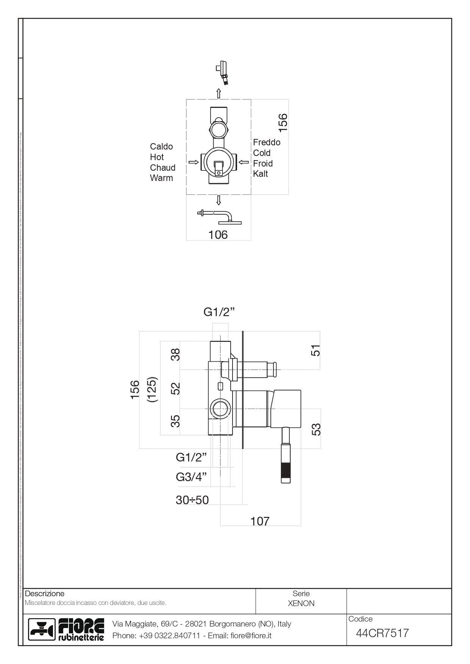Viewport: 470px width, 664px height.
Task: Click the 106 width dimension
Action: click(x=218, y=235)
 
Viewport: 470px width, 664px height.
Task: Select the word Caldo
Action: click(x=161, y=147)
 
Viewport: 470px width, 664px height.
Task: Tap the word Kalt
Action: click(x=261, y=174)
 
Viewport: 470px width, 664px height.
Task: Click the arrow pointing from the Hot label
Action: click(x=194, y=162)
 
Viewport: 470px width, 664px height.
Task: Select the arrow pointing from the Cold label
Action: click(x=244, y=162)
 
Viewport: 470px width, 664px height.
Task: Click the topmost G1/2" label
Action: click(x=219, y=312)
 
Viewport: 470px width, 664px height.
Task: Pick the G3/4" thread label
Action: click(x=192, y=477)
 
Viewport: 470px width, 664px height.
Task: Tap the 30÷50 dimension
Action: click(x=192, y=500)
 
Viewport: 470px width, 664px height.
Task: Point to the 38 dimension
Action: click(x=175, y=355)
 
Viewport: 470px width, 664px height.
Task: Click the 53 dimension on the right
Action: click(x=316, y=429)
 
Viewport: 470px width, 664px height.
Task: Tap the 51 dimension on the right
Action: click(x=316, y=350)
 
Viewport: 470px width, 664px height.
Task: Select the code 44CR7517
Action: click(x=382, y=633)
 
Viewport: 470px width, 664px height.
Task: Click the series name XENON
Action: click(x=301, y=603)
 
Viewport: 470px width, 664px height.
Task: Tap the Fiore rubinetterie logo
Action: click(x=67, y=630)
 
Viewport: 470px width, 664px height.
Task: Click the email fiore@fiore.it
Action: click(x=251, y=636)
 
